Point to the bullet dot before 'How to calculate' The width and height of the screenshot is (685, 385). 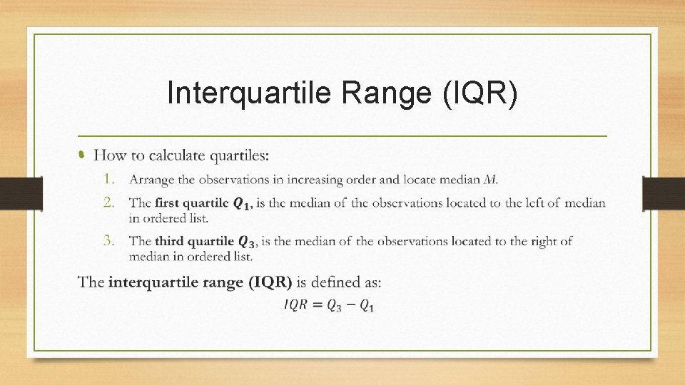(x=82, y=155)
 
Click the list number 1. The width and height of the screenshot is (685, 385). (x=108, y=178)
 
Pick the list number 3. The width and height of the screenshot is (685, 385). (x=108, y=240)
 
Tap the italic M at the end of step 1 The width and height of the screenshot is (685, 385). (x=492, y=179)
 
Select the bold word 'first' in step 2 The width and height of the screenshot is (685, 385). (x=168, y=202)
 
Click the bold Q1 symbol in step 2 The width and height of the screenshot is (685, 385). (x=243, y=204)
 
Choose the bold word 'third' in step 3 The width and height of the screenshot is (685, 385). (x=171, y=241)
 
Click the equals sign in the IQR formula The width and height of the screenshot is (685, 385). (x=317, y=305)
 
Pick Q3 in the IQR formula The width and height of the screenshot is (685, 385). (x=333, y=306)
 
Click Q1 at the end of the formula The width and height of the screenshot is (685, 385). (x=366, y=306)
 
